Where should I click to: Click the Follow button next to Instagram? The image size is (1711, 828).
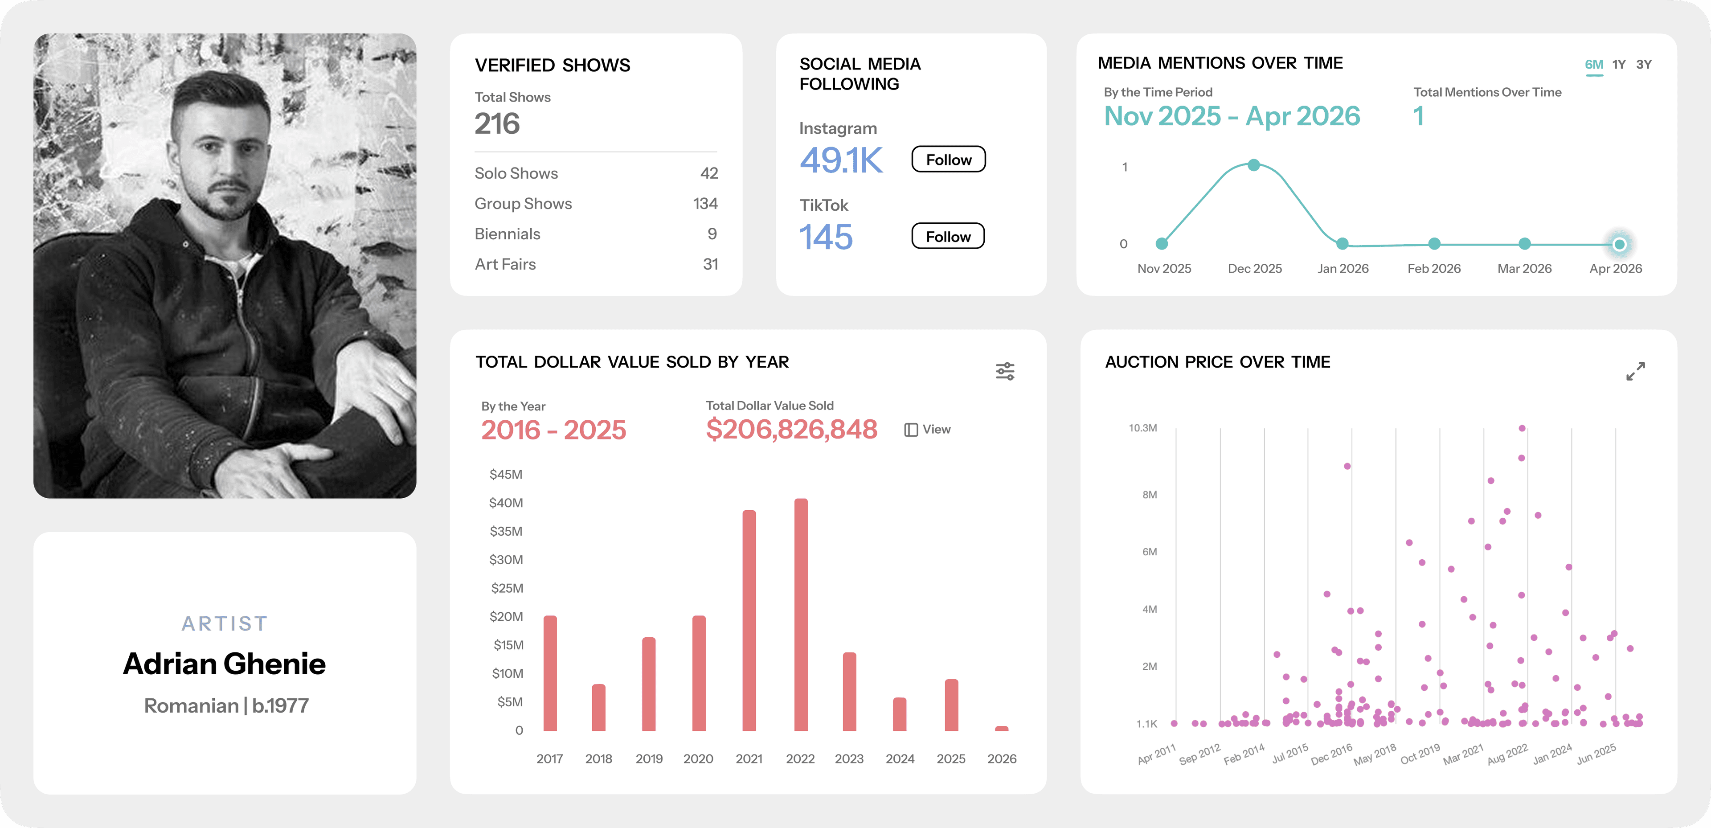click(x=949, y=160)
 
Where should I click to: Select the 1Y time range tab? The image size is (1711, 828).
click(x=1619, y=65)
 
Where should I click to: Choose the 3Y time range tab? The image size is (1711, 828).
click(x=1644, y=65)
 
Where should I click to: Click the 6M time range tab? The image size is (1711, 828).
click(x=1594, y=65)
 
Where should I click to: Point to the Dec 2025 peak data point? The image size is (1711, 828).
click(x=1253, y=165)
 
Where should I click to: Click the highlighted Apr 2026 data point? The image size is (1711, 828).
click(x=1619, y=245)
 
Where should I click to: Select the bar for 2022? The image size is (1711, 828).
click(x=801, y=615)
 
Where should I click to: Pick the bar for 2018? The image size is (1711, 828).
click(x=598, y=708)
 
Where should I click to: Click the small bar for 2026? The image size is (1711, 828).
click(x=1002, y=728)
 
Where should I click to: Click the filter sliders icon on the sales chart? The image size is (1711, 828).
click(x=1005, y=371)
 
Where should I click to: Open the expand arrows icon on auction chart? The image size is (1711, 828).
click(x=1635, y=371)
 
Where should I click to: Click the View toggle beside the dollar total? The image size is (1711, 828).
click(x=927, y=429)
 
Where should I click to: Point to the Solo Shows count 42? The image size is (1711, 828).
click(x=709, y=173)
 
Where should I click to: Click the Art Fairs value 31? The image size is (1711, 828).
click(x=710, y=264)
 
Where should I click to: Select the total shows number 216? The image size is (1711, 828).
click(x=497, y=123)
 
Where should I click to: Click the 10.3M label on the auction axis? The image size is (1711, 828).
click(x=1142, y=428)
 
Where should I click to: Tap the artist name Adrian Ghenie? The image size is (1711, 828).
click(x=225, y=664)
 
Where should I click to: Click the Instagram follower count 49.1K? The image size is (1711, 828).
click(x=841, y=160)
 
